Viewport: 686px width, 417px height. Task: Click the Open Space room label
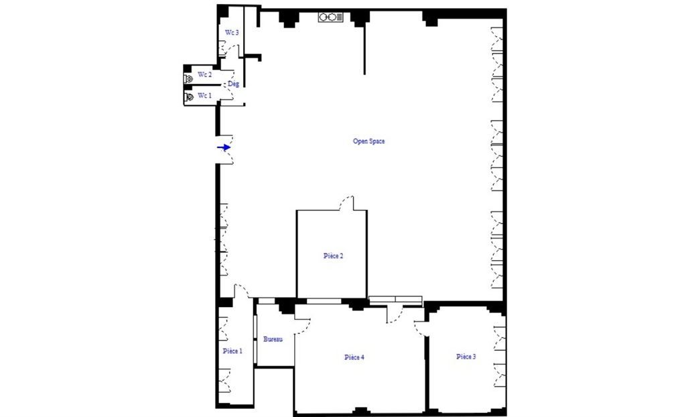coord(368,141)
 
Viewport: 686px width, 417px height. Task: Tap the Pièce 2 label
coord(333,256)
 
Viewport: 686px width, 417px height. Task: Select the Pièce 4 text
coord(354,357)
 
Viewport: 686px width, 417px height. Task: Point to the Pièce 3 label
coord(466,357)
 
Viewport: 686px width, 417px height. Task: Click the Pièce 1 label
coord(232,351)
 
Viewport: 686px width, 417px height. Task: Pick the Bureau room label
coord(273,339)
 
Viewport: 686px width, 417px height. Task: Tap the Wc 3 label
coord(232,32)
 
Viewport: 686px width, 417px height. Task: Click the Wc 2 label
coord(204,75)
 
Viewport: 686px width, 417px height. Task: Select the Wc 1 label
coord(204,96)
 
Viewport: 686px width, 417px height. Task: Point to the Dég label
coord(233,84)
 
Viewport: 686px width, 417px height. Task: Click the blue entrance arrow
coord(224,147)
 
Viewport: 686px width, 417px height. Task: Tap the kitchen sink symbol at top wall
coord(331,17)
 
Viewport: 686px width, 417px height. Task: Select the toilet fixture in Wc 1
coord(190,97)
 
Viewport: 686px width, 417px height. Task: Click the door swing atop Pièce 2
coord(347,203)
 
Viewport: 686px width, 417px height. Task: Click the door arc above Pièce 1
coord(242,292)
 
